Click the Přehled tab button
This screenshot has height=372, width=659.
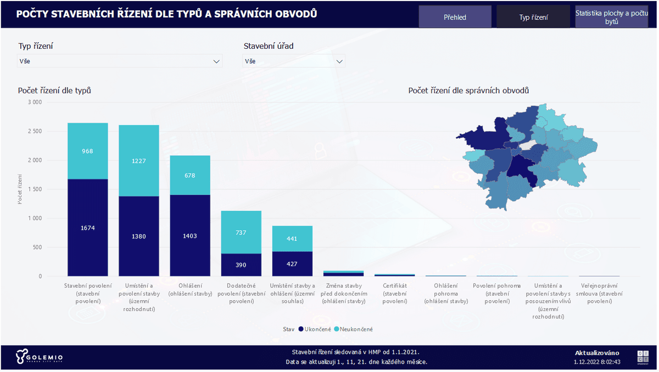point(455,17)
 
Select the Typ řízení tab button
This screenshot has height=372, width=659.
point(533,17)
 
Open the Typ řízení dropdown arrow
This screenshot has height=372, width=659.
point(216,61)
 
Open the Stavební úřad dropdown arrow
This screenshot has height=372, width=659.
point(339,61)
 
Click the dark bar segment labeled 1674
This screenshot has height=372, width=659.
point(87,228)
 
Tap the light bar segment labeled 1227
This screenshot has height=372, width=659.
point(138,161)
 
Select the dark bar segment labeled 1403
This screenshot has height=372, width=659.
point(189,235)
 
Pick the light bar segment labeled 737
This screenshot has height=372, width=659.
point(241,232)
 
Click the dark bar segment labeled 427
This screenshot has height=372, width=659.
point(292,264)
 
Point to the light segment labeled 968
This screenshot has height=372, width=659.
point(87,151)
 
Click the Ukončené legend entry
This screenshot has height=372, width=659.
point(315,329)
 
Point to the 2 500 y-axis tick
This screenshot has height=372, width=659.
point(34,132)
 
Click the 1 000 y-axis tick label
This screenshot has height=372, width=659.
point(34,218)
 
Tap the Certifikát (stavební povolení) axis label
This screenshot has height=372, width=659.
point(394,293)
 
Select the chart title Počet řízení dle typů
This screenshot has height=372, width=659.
point(54,90)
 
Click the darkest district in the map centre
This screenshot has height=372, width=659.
point(520,168)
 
